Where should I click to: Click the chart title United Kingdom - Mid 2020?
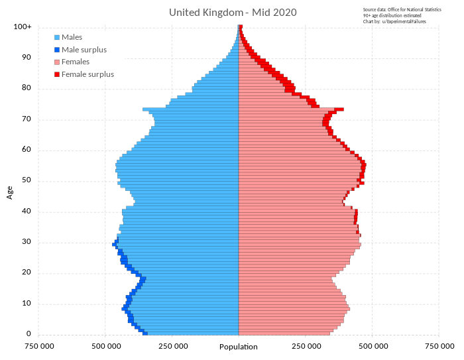(x=233, y=13)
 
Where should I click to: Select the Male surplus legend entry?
(x=84, y=50)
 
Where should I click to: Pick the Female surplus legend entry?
(x=87, y=74)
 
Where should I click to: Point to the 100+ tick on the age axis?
(x=22, y=27)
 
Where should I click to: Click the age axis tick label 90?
(x=27, y=58)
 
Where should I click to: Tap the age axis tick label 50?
(x=27, y=180)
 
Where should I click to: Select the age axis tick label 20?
(x=27, y=272)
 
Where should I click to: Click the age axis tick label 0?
(x=29, y=334)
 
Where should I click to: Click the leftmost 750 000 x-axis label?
(x=39, y=346)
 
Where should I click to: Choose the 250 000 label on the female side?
(x=306, y=346)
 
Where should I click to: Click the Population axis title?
(x=239, y=347)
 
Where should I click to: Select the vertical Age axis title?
(x=10, y=192)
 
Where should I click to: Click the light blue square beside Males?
(x=57, y=37)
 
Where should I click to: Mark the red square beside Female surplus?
(x=57, y=74)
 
